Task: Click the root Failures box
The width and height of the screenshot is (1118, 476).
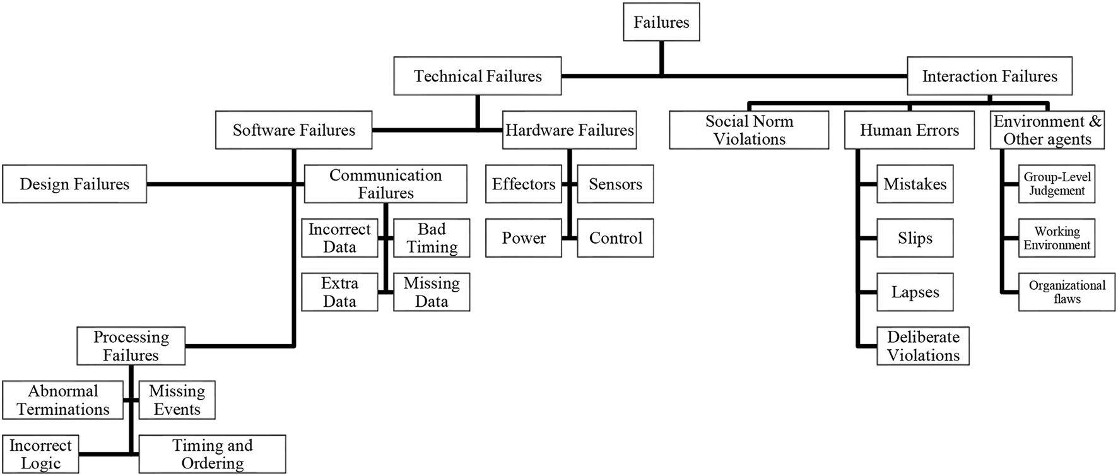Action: pyautogui.click(x=661, y=22)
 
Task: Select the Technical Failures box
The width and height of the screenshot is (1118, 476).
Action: pyautogui.click(x=478, y=76)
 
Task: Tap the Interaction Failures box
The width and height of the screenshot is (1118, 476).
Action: pyautogui.click(x=989, y=76)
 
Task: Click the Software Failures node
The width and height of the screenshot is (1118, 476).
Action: pyautogui.click(x=293, y=130)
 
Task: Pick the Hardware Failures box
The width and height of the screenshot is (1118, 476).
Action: pyautogui.click(x=569, y=130)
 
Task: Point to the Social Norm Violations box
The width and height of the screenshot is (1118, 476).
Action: pyautogui.click(x=749, y=130)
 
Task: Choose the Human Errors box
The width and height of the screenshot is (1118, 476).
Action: pyautogui.click(x=909, y=130)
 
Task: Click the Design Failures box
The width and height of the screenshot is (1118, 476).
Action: pyautogui.click(x=74, y=184)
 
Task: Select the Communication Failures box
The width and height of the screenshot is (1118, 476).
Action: pyautogui.click(x=385, y=184)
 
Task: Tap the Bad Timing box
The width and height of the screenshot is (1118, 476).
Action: pyautogui.click(x=432, y=238)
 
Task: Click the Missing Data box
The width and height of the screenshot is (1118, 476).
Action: pyautogui.click(x=432, y=292)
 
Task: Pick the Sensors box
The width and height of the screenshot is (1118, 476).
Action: pyautogui.click(x=615, y=184)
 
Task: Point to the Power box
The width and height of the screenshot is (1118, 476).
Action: pyautogui.click(x=524, y=238)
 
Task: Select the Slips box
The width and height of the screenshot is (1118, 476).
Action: pyautogui.click(x=915, y=238)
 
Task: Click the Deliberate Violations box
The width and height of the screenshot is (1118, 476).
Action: pyautogui.click(x=923, y=346)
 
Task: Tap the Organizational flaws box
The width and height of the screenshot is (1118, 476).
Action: pyautogui.click(x=1067, y=292)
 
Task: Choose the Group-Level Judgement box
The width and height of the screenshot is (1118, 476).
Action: pyautogui.click(x=1057, y=184)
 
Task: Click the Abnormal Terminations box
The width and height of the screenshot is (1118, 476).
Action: pyautogui.click(x=62, y=400)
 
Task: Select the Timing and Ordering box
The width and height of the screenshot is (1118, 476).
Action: pyautogui.click(x=212, y=454)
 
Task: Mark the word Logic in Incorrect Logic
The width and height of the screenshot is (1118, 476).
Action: pyautogui.click(x=40, y=463)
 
